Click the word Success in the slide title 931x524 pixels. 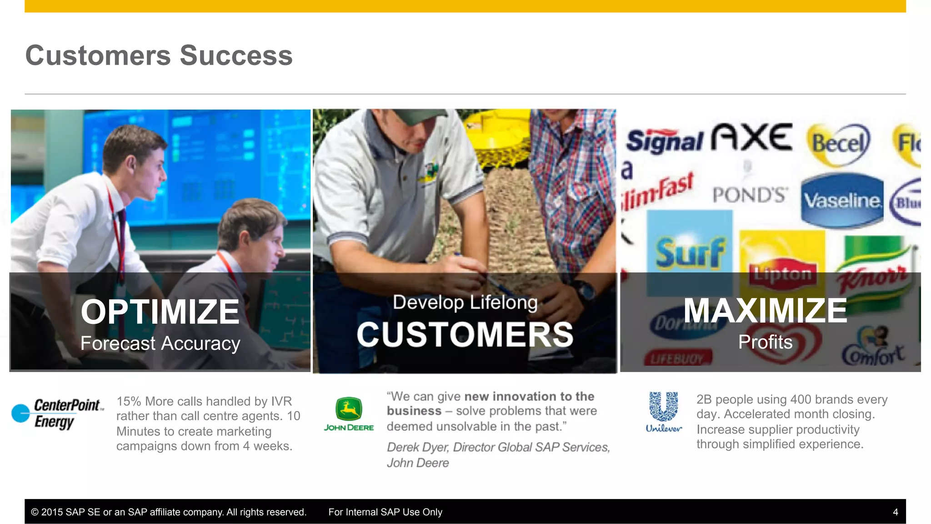pos(236,55)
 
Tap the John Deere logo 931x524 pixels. pos(349,413)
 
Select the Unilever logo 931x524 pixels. pos(664,412)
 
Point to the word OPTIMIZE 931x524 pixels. pos(160,312)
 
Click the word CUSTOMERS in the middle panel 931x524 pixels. pos(465,334)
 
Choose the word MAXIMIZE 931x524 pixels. pos(765,311)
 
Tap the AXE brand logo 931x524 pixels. pos(752,137)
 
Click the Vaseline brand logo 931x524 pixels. pos(842,201)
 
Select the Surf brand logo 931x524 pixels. pos(690,252)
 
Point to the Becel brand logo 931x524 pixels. pos(839,144)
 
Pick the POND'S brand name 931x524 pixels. pos(749,195)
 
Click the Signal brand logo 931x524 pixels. pos(665,141)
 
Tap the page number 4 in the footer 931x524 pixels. pos(895,512)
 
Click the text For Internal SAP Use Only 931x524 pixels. pos(385,512)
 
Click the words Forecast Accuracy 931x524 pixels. pos(160,343)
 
